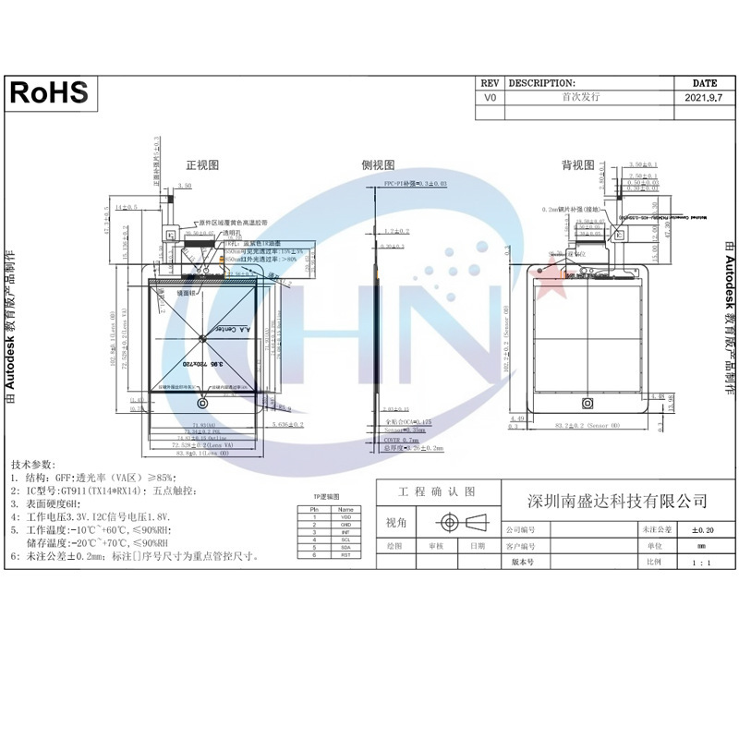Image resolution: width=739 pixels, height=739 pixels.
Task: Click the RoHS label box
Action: coord(50,91)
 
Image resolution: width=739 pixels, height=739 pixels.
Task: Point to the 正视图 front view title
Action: coord(202,165)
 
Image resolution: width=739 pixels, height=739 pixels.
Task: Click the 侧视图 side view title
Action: coord(377,165)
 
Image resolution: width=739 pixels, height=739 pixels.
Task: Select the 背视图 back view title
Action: coord(578,165)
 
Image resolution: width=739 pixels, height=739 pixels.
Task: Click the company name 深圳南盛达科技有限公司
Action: coord(616,502)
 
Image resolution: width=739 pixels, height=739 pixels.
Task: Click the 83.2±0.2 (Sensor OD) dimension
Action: coord(589,426)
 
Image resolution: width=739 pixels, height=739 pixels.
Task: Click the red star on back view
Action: coord(548,273)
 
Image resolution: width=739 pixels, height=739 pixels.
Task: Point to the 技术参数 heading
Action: coord(33,464)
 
